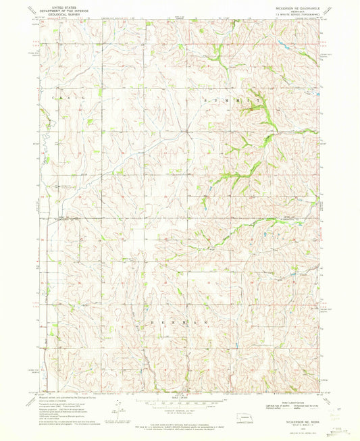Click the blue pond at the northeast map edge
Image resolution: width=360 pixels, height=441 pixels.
[x=279, y=42]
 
